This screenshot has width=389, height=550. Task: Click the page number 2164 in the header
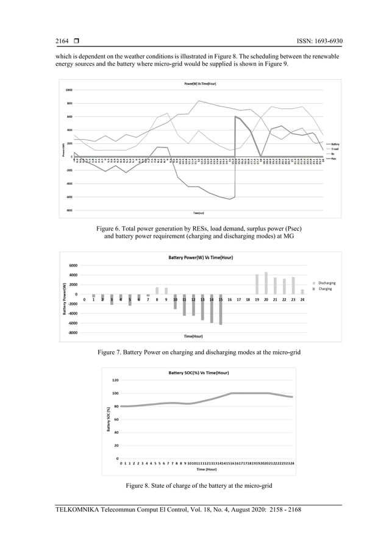pyautogui.click(x=63, y=41)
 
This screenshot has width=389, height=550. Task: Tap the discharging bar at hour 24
pyautogui.click(x=302, y=291)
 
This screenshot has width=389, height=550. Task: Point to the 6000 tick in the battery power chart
pyautogui.click(x=73, y=265)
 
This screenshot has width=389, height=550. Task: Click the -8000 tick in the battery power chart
pyautogui.click(x=72, y=333)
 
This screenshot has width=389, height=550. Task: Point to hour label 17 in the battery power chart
pyautogui.click(x=238, y=299)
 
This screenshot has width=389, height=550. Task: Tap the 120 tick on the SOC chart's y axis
pyautogui.click(x=114, y=380)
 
